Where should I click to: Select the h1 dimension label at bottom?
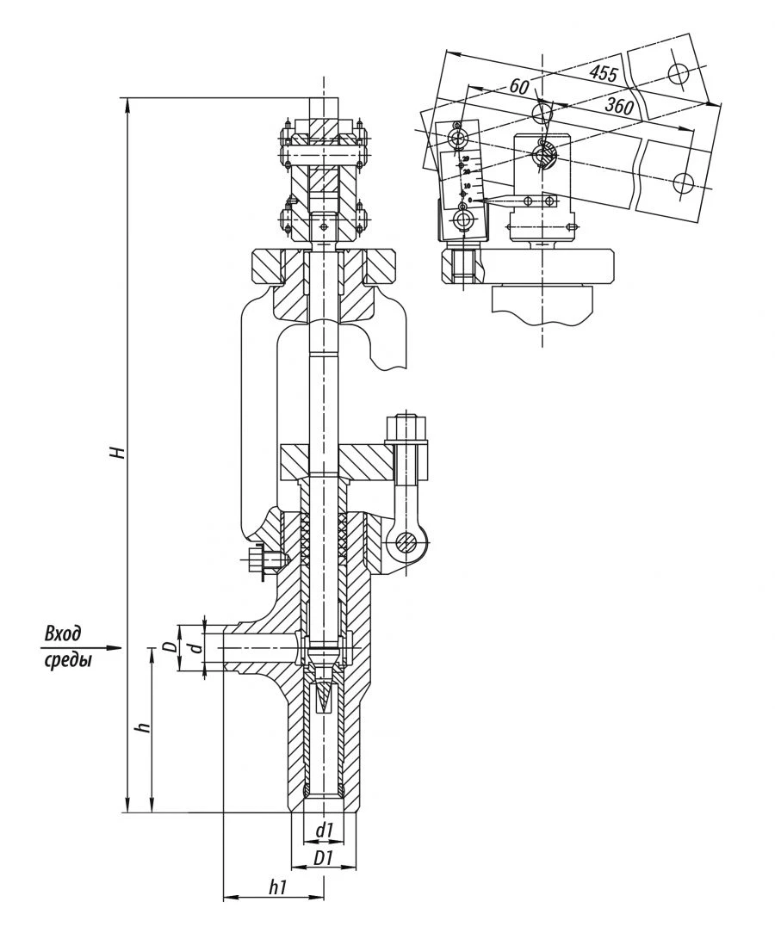pos(277,887)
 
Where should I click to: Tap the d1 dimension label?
pos(324,830)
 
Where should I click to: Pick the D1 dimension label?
pos(324,858)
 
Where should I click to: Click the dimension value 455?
pos(603,74)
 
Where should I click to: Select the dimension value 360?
pos(619,108)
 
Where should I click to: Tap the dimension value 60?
pos(518,87)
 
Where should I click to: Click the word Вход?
pos(63,634)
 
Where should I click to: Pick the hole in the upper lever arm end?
pos(678,73)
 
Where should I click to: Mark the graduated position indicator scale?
pos(466,178)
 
